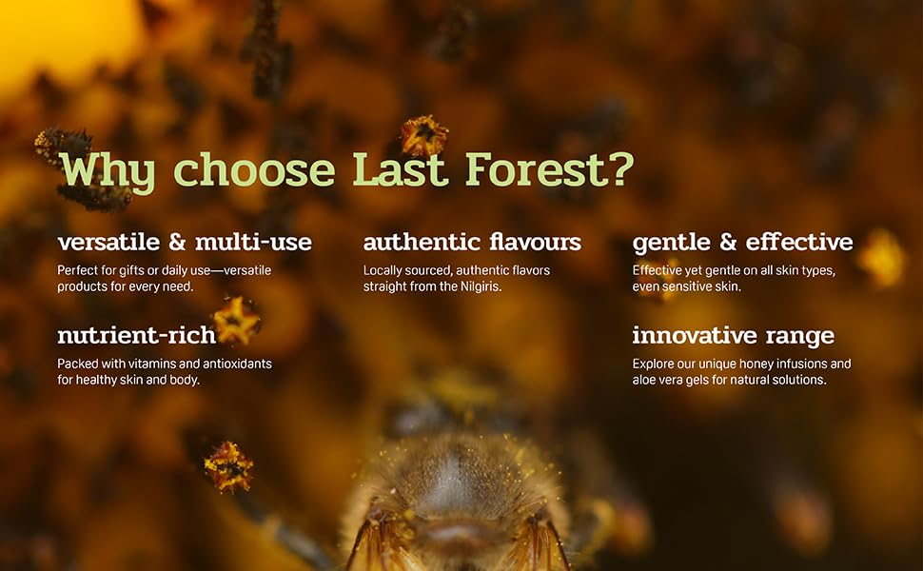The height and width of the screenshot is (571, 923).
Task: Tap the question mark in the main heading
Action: point(618,169)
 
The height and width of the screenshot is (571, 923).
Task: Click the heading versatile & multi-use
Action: point(185,242)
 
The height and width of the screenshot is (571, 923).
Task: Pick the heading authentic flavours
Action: point(472,242)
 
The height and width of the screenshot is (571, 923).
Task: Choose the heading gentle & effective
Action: point(742,242)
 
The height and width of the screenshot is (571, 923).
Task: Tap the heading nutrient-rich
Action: point(137,336)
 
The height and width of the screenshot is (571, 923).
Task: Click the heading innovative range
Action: point(733,336)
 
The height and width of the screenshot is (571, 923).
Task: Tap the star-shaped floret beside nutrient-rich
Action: point(236,320)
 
